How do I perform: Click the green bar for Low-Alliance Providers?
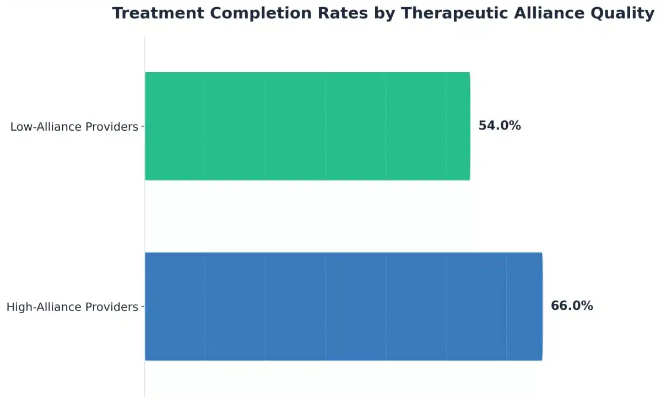(x=307, y=126)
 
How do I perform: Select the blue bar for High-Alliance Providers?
(x=343, y=307)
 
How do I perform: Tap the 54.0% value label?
(x=500, y=126)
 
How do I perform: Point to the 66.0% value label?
(x=572, y=306)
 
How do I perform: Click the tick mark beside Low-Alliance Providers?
(x=143, y=126)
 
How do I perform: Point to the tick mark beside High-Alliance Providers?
(x=143, y=307)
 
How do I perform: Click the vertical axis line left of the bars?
(x=145, y=221)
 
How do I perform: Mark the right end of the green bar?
(x=469, y=126)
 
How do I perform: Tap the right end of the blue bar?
(x=541, y=307)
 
